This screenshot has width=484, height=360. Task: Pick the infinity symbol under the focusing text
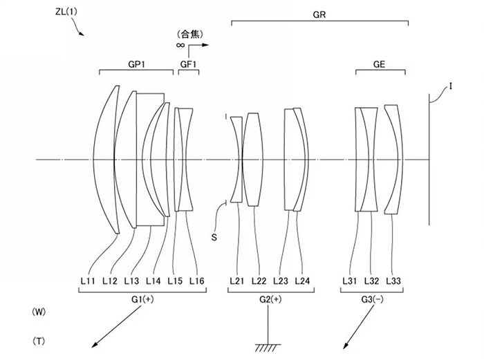pyautogui.click(x=180, y=44)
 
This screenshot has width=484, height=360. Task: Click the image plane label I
pyautogui.click(x=432, y=86)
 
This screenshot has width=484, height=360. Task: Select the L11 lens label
pyautogui.click(x=88, y=281)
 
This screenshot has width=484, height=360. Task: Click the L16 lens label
pyautogui.click(x=198, y=281)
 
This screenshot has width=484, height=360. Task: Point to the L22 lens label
pyautogui.click(x=259, y=281)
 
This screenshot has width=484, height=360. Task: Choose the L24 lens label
pyautogui.click(x=302, y=281)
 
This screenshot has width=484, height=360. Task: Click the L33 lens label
pyautogui.click(x=393, y=281)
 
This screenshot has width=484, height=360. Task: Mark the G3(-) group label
pyautogui.click(x=372, y=299)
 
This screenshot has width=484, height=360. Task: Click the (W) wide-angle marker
pyautogui.click(x=40, y=313)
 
